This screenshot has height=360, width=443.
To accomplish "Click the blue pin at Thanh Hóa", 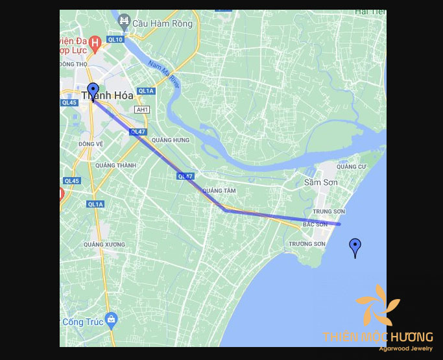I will click(93, 91).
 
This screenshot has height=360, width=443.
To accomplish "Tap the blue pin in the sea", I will click(355, 247).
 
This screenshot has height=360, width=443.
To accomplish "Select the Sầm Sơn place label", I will click(321, 182).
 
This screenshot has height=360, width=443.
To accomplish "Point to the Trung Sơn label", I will click(328, 211).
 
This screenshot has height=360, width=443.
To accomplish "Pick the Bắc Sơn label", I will click(316, 224).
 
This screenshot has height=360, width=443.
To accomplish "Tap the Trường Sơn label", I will click(307, 244).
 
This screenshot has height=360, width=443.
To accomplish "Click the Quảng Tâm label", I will click(219, 191).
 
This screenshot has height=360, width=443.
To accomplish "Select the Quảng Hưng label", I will click(170, 140).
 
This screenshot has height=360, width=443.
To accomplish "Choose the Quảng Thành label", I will click(115, 165).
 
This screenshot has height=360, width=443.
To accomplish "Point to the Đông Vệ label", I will click(91, 143).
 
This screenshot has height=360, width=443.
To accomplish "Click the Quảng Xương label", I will click(104, 245).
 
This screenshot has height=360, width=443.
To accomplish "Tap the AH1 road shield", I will click(142, 110).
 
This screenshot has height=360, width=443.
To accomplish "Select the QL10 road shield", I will click(115, 40).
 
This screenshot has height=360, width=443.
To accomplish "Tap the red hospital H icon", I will click(95, 44).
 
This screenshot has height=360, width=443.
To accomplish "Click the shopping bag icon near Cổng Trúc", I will click(112, 318).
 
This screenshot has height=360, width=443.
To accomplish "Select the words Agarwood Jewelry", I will click(406, 349).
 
